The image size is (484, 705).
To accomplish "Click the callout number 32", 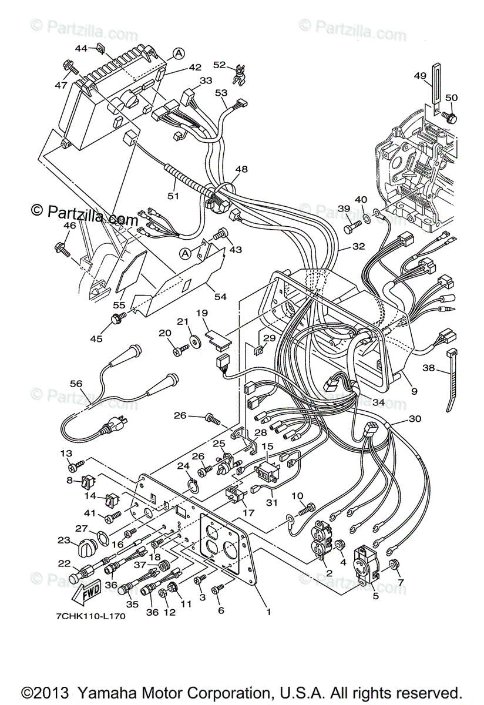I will [358, 247].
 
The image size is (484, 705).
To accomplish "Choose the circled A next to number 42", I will [179, 53].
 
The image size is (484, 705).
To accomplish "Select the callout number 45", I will [95, 338].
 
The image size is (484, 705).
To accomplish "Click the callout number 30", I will [415, 419].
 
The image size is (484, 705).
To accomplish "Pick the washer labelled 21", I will [193, 340].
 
